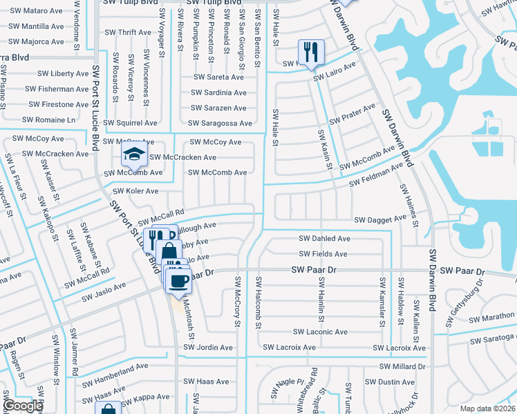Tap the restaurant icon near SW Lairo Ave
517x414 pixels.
(x=310, y=52)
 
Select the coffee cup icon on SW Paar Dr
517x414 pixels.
(x=178, y=279)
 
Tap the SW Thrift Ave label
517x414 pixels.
(x=128, y=32)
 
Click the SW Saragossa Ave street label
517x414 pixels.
(x=220, y=124)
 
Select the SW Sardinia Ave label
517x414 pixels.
(x=219, y=92)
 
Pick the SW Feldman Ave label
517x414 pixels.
(x=375, y=177)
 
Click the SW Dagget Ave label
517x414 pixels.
(x=380, y=219)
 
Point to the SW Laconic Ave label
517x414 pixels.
(x=320, y=332)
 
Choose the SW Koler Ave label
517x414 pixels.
(x=135, y=191)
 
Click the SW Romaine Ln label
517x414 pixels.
(x=48, y=119)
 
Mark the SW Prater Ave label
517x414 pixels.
(x=352, y=115)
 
